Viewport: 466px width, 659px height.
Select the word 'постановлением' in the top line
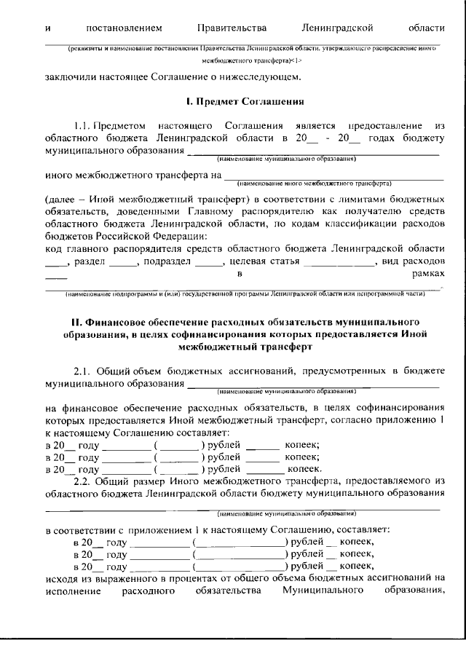pyautogui.click(x=123, y=28)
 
